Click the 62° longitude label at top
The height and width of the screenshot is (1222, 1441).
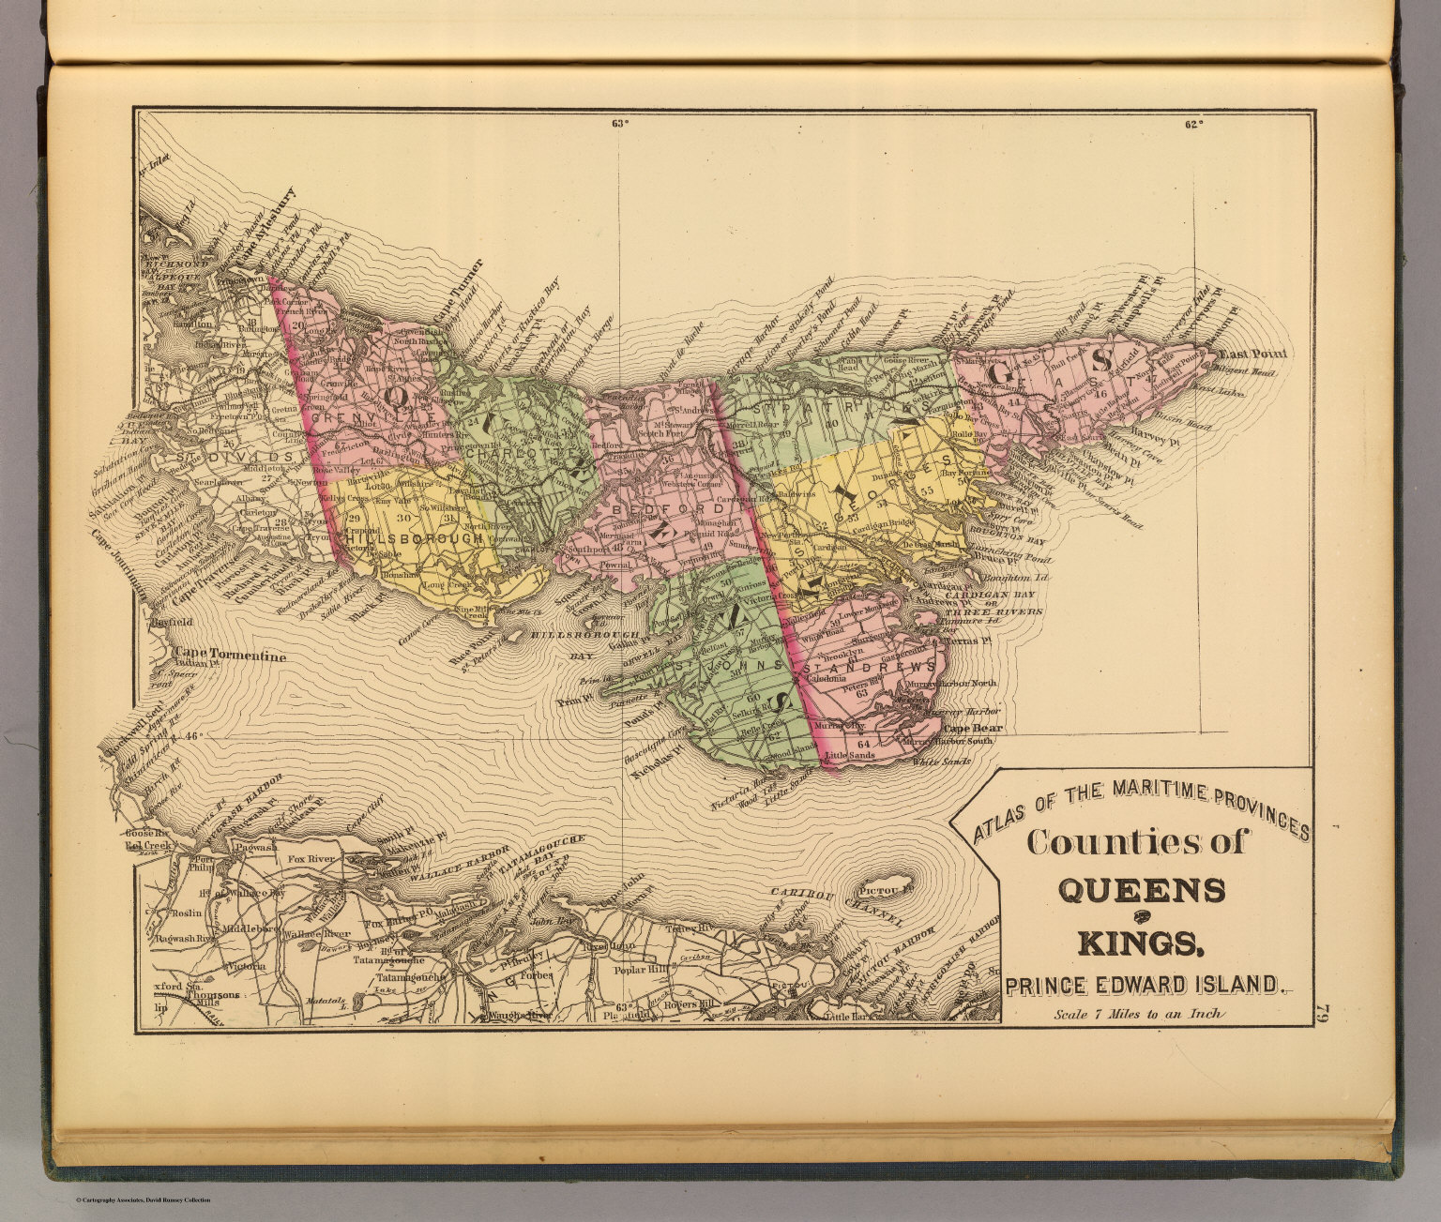click(1192, 123)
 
